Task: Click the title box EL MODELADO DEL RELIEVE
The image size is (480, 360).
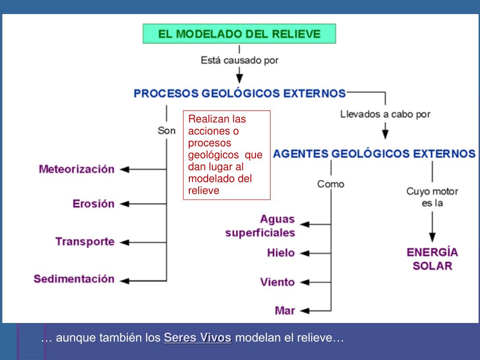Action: [240, 34]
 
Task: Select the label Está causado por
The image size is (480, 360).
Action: [240, 60]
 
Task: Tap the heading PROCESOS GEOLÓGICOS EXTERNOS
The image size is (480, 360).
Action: [240, 93]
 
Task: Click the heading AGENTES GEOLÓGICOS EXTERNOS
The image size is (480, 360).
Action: [374, 154]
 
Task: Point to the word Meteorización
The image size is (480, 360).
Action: [76, 169]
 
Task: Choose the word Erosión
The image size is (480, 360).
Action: [93, 204]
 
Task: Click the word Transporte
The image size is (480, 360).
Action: [85, 242]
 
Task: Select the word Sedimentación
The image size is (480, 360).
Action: [74, 279]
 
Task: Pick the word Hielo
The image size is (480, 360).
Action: [281, 253]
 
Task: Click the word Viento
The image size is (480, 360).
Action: [277, 282]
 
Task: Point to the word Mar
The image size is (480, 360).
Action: [285, 310]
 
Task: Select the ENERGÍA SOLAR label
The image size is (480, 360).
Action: [432, 259]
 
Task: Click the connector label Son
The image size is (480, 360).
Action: [166, 131]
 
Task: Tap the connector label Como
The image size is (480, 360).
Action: [330, 184]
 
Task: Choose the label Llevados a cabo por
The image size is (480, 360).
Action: [385, 114]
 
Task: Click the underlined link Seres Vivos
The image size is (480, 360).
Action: [197, 338]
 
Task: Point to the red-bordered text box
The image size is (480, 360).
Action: [227, 155]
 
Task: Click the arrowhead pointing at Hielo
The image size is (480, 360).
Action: [304, 253]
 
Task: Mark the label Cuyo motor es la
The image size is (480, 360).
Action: [432, 197]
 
